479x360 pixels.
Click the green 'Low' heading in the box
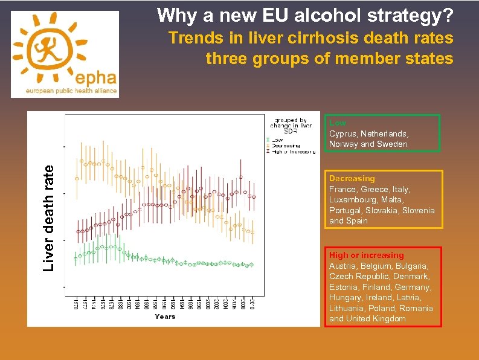(x=338, y=123)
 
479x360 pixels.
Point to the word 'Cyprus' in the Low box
(x=342, y=133)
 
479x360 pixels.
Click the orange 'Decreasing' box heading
(x=352, y=179)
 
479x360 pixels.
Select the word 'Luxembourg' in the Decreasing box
(x=352, y=200)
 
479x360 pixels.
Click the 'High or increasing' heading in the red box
(x=366, y=256)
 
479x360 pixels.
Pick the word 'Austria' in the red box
(x=342, y=266)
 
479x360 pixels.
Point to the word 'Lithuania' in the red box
(x=347, y=308)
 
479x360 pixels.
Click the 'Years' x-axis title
(x=165, y=317)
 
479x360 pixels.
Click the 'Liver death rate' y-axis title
(x=53, y=210)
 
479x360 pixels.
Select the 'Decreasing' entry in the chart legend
(x=285, y=146)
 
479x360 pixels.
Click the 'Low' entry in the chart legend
(x=278, y=140)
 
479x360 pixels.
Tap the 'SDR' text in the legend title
(x=290, y=131)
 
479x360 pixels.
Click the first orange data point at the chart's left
(x=77, y=179)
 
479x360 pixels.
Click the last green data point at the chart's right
(x=252, y=265)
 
